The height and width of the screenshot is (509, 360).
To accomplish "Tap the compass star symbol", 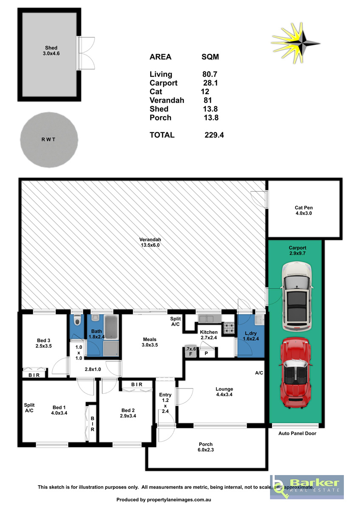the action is [x=295, y=43].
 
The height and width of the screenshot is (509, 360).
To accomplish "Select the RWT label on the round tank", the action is [x=48, y=140].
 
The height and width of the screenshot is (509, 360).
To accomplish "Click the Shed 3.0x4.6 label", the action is [x=51, y=50].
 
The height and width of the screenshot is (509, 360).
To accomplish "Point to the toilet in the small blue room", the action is [x=77, y=320].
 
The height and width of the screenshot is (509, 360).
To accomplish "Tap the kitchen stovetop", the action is [x=229, y=328].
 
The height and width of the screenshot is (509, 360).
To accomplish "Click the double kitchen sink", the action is [x=210, y=319].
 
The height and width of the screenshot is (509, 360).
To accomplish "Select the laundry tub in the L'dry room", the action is [x=259, y=320].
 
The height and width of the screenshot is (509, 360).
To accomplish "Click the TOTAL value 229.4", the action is [x=214, y=135].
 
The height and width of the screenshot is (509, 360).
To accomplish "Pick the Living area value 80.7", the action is [x=210, y=74].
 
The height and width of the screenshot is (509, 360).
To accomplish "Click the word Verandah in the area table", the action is [x=167, y=100].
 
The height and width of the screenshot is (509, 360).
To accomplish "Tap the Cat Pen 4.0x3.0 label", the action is [x=304, y=210].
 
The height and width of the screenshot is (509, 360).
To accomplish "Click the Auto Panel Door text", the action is [x=297, y=433].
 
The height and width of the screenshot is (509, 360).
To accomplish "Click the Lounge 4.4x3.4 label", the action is [x=224, y=392].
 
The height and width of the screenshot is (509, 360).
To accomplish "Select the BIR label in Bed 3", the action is [x=34, y=375].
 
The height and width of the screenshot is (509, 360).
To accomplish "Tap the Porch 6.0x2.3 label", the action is [x=205, y=447].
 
